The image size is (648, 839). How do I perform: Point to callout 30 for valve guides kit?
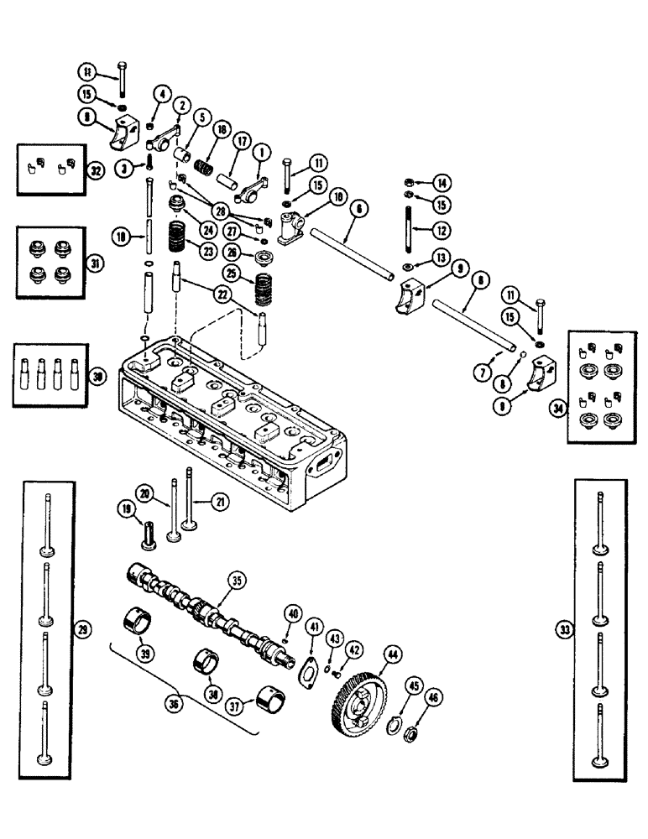click(x=99, y=378)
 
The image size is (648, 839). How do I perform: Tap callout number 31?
click(x=99, y=263)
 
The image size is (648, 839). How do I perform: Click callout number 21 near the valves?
click(x=220, y=502)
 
